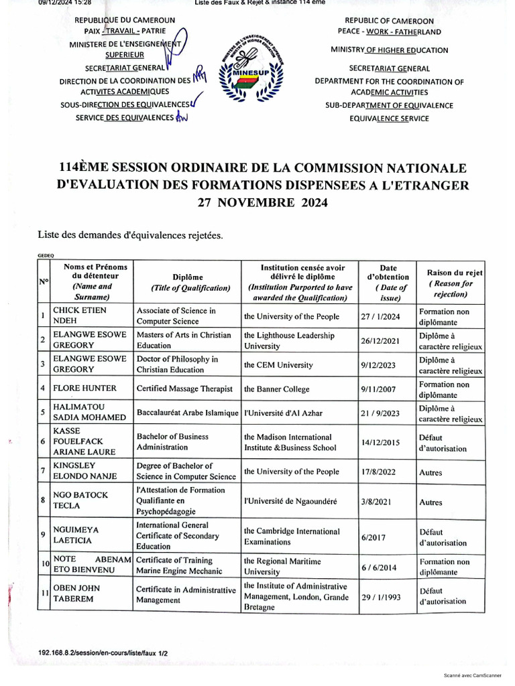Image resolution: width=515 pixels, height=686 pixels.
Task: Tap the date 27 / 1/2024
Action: pyautogui.click(x=385, y=316)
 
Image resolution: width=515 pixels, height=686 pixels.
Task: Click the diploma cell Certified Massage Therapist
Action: pyautogui.click(x=184, y=389)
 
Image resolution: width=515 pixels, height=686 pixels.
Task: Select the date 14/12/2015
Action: pyautogui.click(x=385, y=443)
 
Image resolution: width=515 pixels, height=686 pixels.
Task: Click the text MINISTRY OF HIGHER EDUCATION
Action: pyautogui.click(x=390, y=50)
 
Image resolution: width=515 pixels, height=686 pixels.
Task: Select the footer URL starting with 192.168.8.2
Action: pyautogui.click(x=94, y=652)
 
